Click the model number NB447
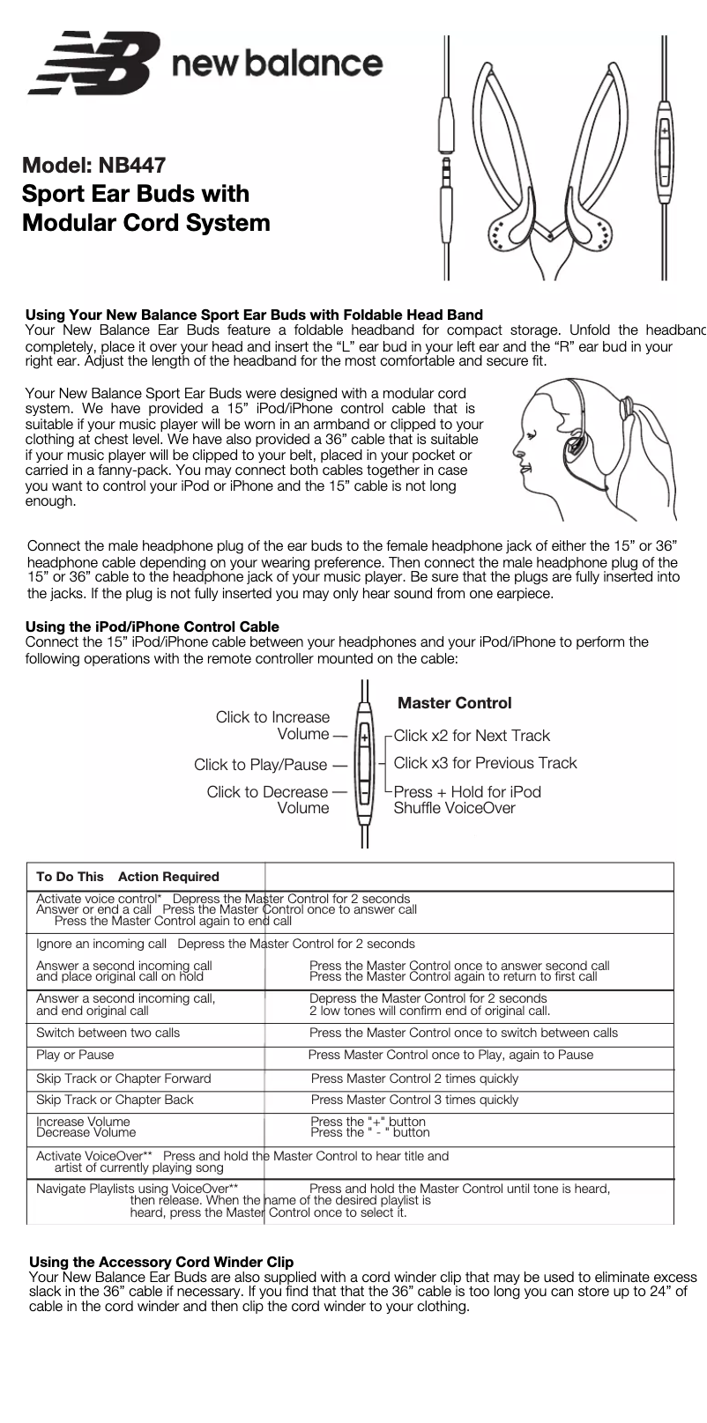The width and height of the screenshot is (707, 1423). coord(130,165)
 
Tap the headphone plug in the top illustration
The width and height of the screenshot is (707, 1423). coord(448,167)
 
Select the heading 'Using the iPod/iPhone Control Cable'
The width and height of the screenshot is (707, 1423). coord(153,626)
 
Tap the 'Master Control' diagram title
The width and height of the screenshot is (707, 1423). coord(454,703)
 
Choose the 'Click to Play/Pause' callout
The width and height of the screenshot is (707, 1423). coord(260,765)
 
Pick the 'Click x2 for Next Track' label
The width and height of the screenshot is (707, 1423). coord(472,736)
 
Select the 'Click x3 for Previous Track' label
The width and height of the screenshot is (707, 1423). coord(485,763)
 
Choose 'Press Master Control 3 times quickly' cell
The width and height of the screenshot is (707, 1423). coord(414,1100)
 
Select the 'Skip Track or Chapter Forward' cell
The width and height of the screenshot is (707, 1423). coord(123,1078)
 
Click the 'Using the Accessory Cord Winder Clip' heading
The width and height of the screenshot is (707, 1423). coord(161,1263)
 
